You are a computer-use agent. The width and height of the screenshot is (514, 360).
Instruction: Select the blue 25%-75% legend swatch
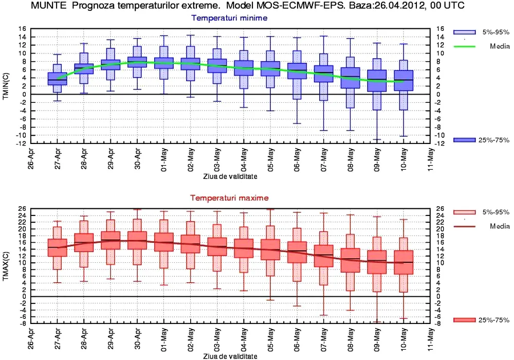(467, 140)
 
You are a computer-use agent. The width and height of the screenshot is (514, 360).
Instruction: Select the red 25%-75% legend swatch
(467, 320)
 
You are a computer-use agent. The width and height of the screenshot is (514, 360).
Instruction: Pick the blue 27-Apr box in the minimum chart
(58, 79)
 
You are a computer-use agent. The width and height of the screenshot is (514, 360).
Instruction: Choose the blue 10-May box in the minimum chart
(404, 80)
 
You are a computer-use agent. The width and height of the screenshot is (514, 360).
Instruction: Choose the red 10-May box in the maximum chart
(404, 262)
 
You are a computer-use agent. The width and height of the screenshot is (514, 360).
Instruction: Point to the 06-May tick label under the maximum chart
(296, 340)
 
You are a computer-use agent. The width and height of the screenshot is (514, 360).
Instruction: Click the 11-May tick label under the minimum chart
(430, 160)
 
